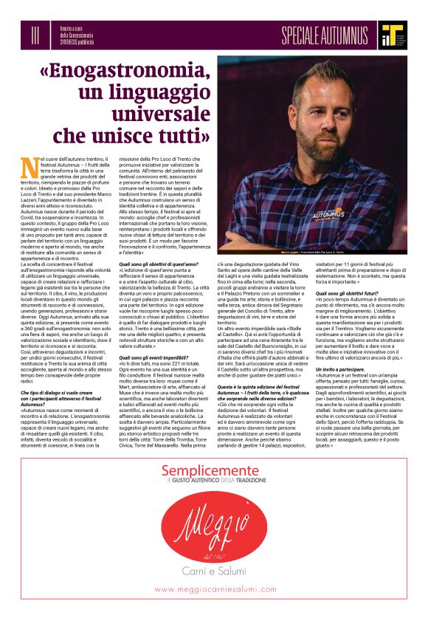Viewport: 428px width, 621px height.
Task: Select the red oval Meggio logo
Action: pos(214,525)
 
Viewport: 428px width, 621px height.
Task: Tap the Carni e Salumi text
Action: pos(214,570)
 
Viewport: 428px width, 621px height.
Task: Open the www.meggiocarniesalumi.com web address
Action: pos(214,589)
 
